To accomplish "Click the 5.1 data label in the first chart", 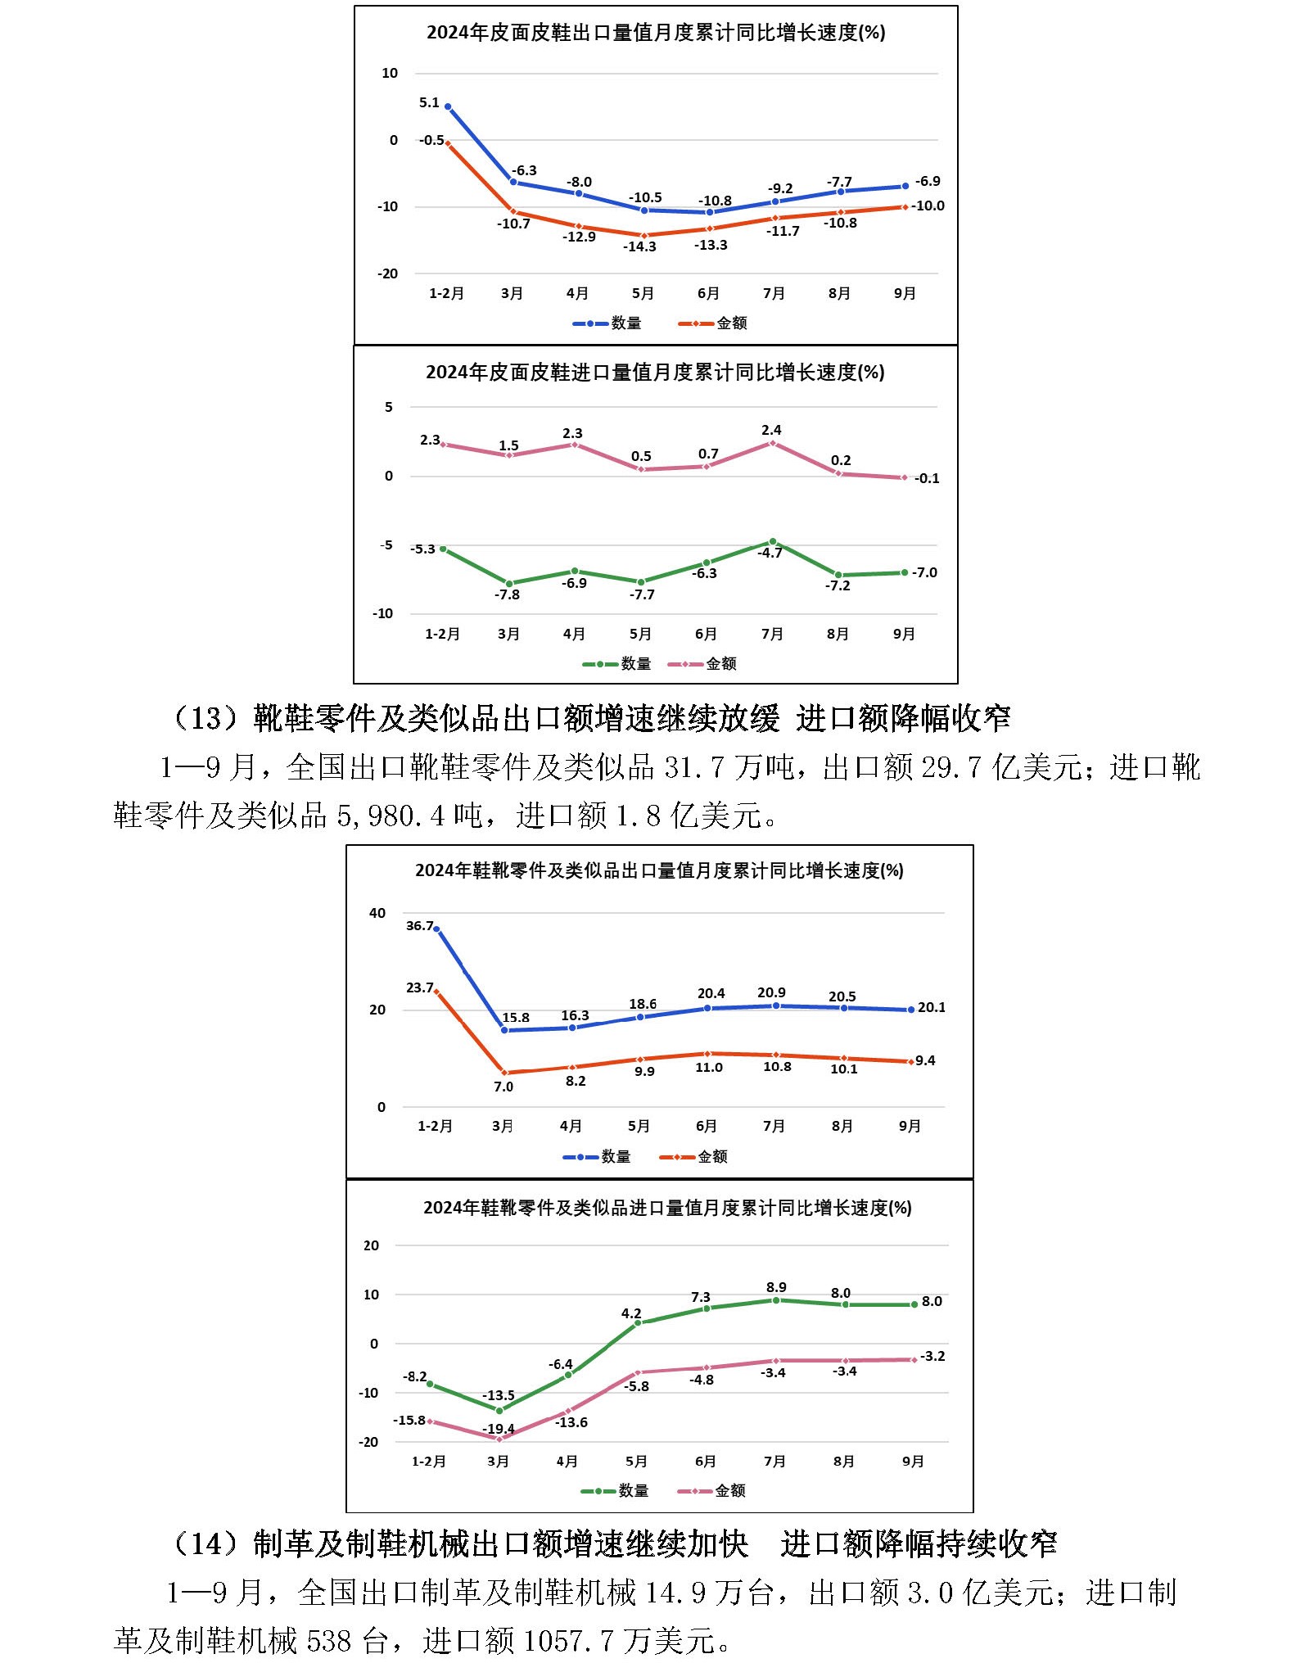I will point(429,103).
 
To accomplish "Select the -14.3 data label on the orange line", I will point(639,246).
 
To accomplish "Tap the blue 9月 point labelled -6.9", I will point(905,187).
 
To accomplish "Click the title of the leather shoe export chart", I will point(656,33).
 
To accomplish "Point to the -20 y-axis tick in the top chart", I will point(387,274).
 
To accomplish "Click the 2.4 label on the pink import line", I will point(771,430).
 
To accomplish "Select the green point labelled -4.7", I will point(772,541).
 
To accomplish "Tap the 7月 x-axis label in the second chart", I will point(772,634).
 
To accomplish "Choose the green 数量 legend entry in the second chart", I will point(617,664).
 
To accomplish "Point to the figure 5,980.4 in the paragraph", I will point(391,816).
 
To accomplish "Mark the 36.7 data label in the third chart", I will point(419,926).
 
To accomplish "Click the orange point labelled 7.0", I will point(505,1073).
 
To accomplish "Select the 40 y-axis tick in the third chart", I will point(377,913).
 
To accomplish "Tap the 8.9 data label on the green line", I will point(776,1287).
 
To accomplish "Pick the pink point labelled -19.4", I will point(499,1439).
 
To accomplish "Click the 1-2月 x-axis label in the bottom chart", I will point(428,1462).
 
